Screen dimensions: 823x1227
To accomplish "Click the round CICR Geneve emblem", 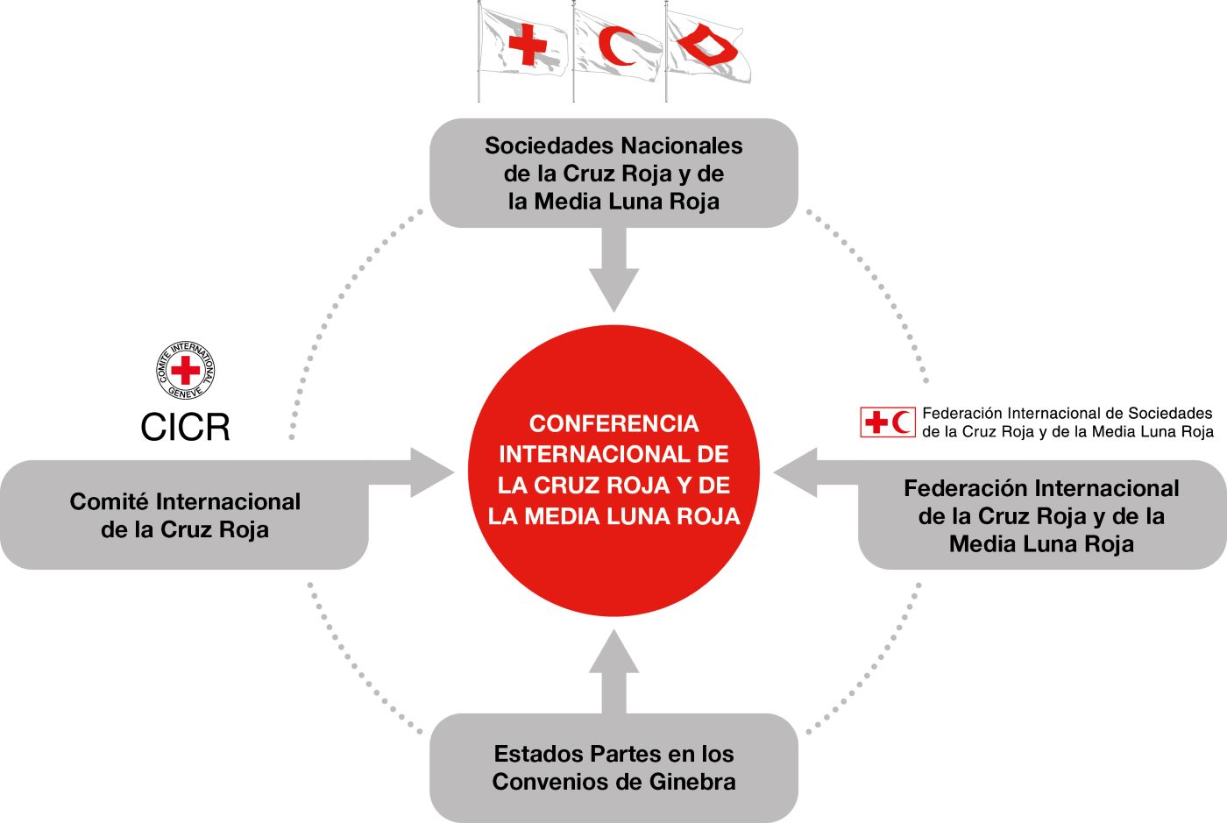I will (x=185, y=370).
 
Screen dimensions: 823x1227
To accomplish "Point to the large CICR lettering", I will (x=185, y=427).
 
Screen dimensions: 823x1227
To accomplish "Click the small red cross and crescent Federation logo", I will (x=887, y=422).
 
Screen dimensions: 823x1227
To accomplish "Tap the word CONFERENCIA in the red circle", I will (x=613, y=424).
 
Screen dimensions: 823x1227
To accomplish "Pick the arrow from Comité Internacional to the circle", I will (x=421, y=473).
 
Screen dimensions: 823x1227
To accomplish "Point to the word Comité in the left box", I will (x=109, y=502).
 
